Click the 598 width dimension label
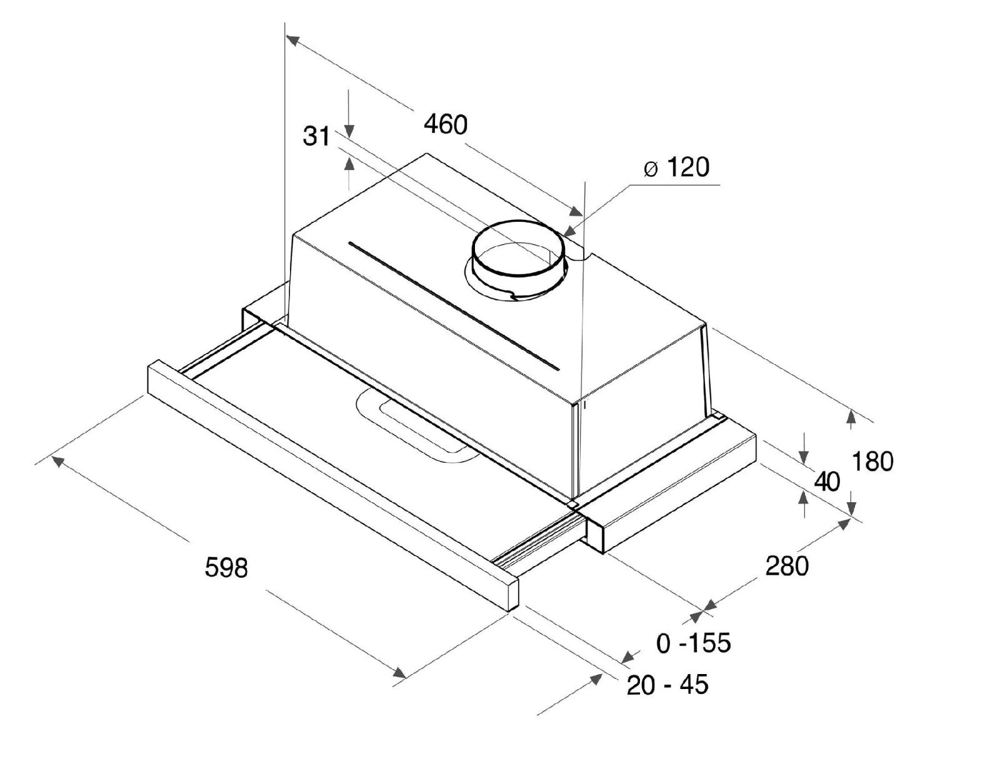226,567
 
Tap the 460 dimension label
446,124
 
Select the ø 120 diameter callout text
676,167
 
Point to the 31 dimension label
316,136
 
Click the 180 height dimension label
872,461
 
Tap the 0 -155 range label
693,642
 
